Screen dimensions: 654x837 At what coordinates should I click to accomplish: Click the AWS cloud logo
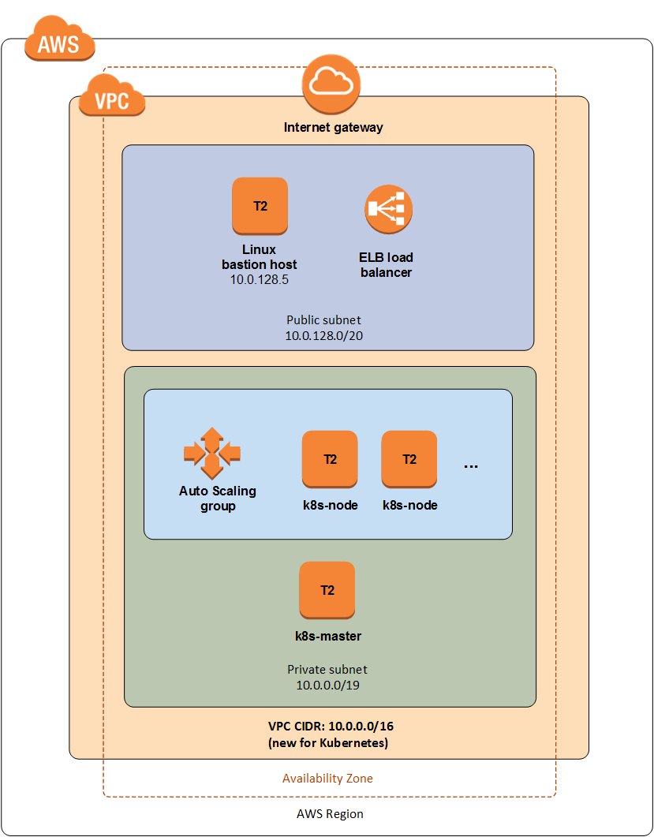point(60,39)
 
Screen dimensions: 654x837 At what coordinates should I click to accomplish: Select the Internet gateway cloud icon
point(331,85)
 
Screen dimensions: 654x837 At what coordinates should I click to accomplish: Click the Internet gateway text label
point(333,128)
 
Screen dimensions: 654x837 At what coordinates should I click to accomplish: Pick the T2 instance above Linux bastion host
point(260,206)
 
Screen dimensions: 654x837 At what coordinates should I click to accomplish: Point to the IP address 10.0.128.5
point(260,279)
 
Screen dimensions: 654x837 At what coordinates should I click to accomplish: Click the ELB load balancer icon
point(389,209)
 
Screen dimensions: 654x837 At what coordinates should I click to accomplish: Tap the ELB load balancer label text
point(386,265)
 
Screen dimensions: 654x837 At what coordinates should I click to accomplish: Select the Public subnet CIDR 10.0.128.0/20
point(324,336)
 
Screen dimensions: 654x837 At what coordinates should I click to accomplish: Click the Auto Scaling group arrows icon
point(212,453)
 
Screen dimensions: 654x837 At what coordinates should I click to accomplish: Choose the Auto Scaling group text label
point(218,498)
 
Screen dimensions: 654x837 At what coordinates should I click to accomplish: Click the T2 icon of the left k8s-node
point(330,459)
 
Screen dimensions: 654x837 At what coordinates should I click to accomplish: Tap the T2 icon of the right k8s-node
point(409,459)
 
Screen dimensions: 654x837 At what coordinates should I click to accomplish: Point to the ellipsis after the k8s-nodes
point(471,467)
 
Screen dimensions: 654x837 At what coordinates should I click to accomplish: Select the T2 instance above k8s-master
point(327,590)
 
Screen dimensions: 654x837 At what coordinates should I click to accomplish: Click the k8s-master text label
point(328,637)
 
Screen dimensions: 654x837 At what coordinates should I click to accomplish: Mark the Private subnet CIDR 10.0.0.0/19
point(328,685)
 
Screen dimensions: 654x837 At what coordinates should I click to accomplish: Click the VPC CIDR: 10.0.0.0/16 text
point(331,727)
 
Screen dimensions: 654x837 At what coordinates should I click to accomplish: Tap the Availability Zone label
point(328,779)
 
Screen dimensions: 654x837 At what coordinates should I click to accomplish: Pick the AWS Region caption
point(330,814)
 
